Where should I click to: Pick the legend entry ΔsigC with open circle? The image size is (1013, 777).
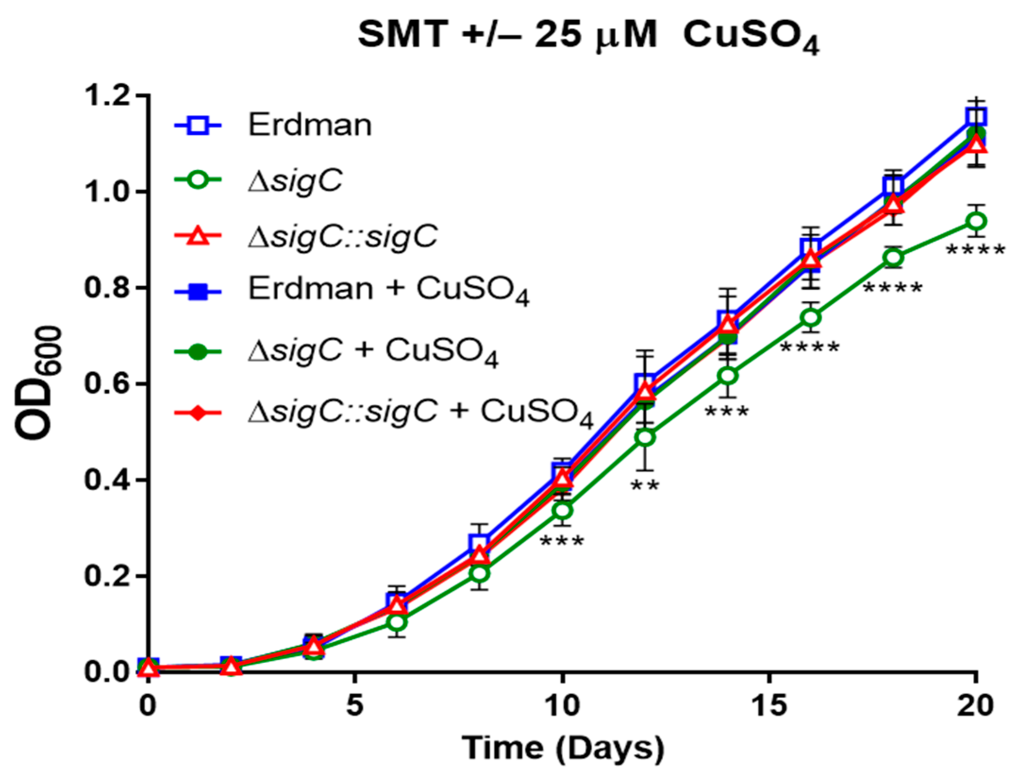295,181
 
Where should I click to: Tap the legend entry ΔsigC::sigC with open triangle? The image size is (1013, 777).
342,236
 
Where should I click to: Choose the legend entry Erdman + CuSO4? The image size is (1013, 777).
388,290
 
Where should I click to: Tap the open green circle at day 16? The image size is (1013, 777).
810,317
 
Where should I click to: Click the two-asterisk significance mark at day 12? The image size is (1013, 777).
644,486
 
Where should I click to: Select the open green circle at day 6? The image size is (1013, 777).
397,622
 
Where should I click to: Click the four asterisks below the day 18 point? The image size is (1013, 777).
892,288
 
